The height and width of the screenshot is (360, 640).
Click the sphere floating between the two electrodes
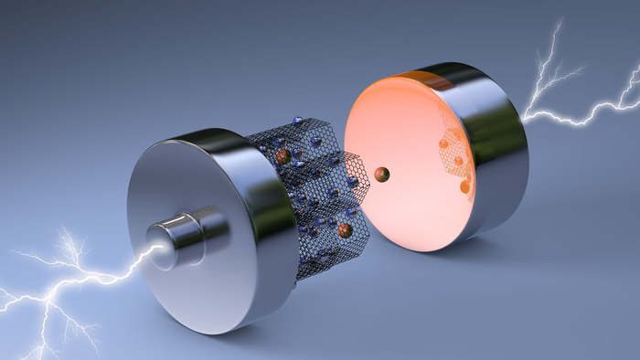coord(382,174)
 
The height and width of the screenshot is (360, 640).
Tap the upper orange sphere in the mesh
coord(283,157)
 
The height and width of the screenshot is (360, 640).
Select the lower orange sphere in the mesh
coord(346,230)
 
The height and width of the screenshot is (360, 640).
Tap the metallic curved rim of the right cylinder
coord(498,146)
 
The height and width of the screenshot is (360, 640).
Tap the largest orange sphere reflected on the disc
coord(464,187)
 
